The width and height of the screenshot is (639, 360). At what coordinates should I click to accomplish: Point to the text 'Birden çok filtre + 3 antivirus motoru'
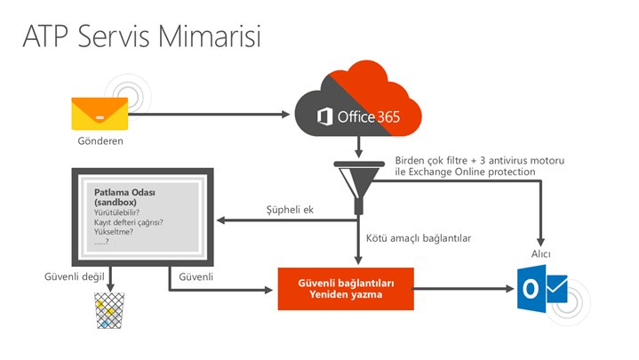(x=480, y=160)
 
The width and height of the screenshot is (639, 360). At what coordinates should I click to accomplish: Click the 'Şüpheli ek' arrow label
(x=292, y=209)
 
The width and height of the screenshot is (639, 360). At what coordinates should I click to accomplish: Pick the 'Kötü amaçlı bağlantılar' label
(x=418, y=238)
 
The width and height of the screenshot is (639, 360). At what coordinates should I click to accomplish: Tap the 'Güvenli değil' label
(x=73, y=276)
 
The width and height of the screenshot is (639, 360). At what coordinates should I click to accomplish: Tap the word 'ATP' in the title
(x=45, y=36)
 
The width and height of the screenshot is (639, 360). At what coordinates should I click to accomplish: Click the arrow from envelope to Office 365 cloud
(x=213, y=114)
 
